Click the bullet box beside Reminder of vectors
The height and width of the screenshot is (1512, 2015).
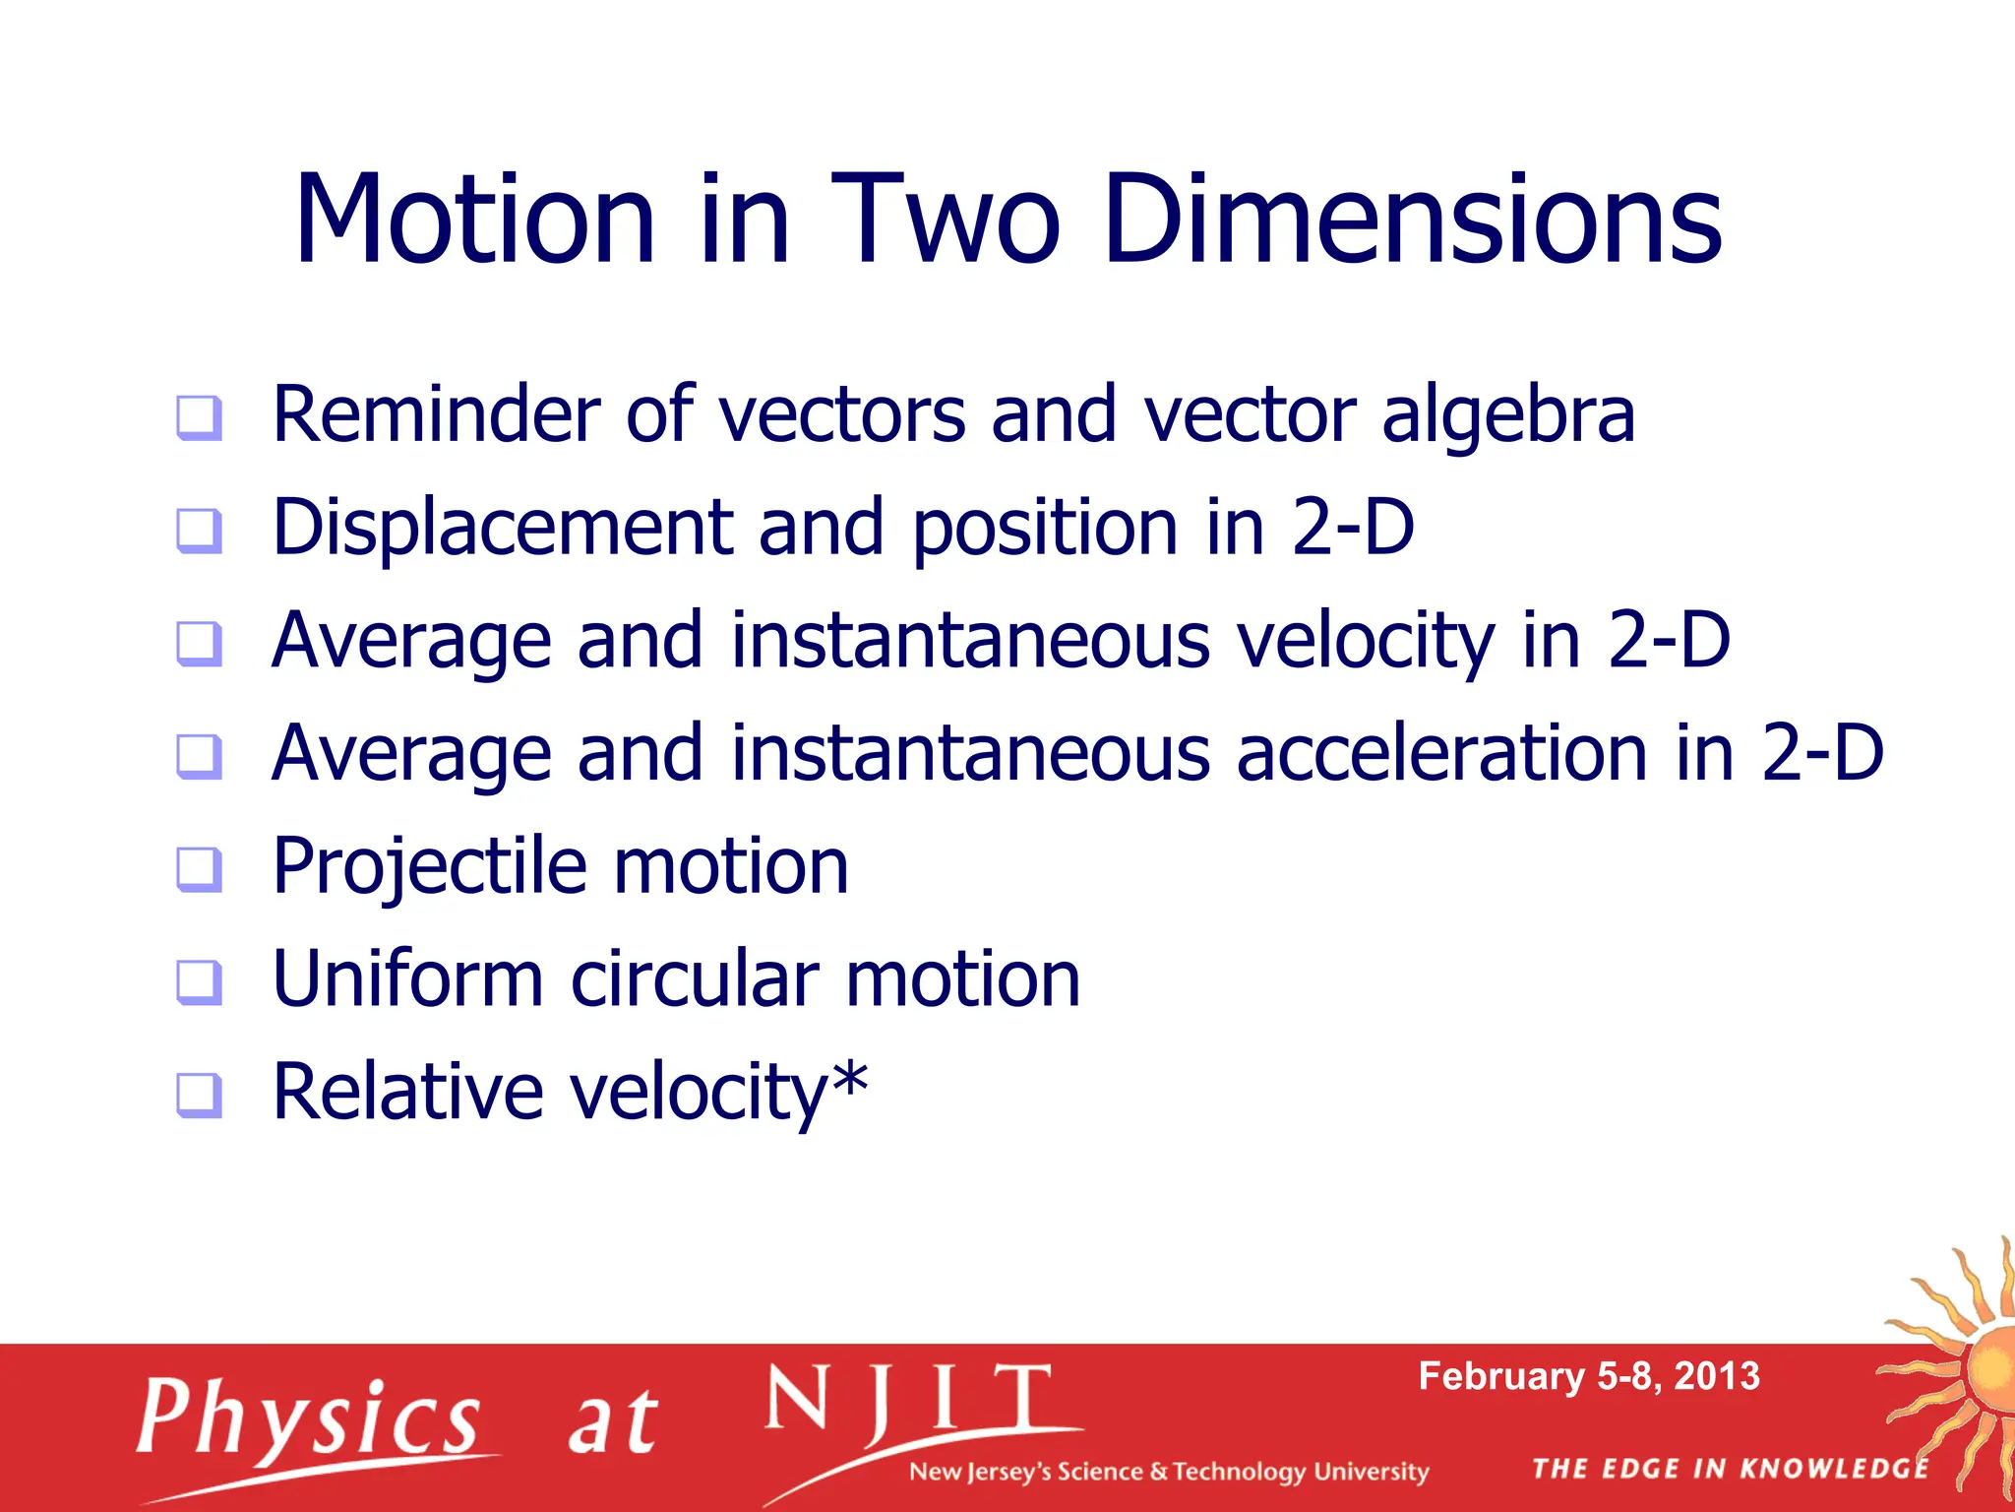point(199,417)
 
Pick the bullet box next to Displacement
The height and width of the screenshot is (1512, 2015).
point(199,531)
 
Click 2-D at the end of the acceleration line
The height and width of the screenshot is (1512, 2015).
point(1822,754)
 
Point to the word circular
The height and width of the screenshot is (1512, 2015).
point(695,980)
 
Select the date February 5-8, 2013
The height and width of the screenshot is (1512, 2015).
point(1588,1376)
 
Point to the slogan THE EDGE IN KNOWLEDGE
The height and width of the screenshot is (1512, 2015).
point(1731,1469)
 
